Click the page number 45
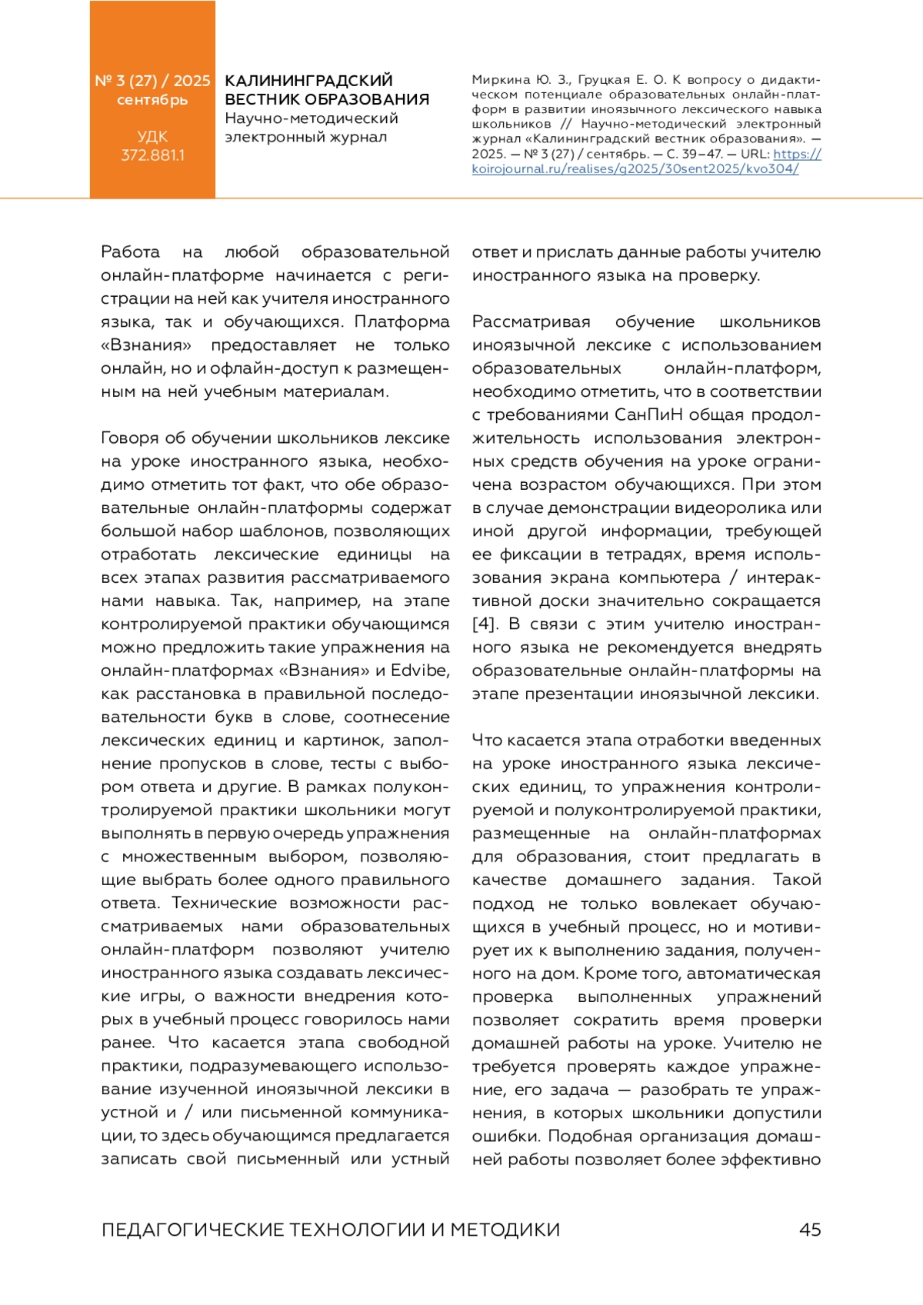point(810,1230)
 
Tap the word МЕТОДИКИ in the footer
point(505,1230)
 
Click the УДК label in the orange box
point(152,137)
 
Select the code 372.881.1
point(152,155)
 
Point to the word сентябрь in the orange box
point(152,100)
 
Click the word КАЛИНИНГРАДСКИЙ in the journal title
point(308,81)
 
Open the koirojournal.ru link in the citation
point(635,168)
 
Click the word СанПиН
point(648,415)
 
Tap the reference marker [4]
point(485,624)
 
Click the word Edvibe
point(420,671)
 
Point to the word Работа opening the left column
point(131,252)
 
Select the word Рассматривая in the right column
point(531,322)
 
